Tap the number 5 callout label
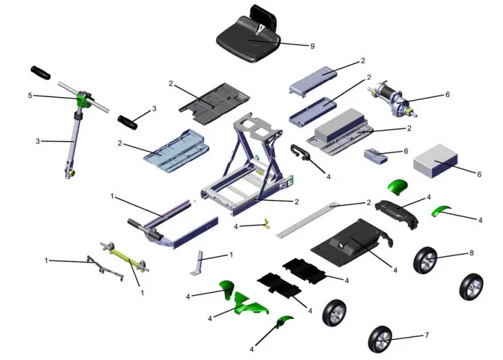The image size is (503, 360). (x=29, y=96)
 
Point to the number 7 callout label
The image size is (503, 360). (x=426, y=336)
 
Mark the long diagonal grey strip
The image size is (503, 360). (x=312, y=218)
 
